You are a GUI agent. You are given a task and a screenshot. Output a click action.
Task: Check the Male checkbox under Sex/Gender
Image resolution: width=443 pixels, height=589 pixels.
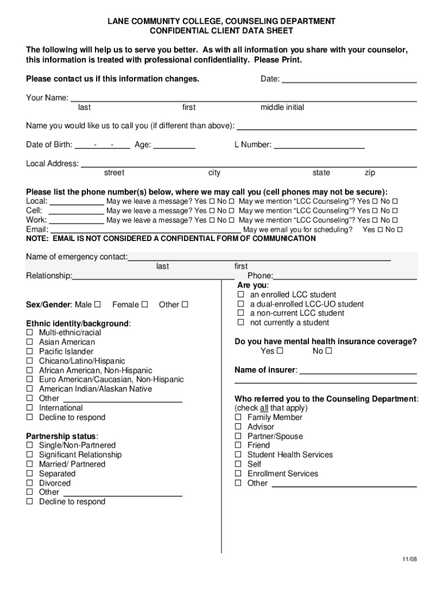tap(97, 304)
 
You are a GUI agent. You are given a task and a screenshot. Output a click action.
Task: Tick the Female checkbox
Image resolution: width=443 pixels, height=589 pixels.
tap(144, 304)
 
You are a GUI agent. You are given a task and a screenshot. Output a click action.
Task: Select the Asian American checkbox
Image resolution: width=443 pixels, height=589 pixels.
tap(29, 342)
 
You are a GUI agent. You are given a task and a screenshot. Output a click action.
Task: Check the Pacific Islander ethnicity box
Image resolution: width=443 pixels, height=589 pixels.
tap(29, 351)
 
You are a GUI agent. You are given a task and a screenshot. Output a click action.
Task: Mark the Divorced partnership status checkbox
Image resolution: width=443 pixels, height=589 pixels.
tap(29, 483)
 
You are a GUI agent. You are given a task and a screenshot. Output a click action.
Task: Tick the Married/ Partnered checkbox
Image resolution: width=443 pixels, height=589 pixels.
tap(29, 464)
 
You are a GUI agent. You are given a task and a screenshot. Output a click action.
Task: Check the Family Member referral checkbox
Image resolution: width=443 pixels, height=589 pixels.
tap(238, 418)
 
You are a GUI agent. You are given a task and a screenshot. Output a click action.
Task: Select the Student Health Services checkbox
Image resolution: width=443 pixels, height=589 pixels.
tap(238, 455)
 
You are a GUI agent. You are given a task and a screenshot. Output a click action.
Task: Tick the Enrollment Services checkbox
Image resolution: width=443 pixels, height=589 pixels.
tap(238, 474)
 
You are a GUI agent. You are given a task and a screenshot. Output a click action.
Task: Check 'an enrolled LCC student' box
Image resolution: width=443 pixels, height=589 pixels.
tap(241, 295)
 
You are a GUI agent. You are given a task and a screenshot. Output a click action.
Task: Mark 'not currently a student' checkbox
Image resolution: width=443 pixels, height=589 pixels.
tap(241, 323)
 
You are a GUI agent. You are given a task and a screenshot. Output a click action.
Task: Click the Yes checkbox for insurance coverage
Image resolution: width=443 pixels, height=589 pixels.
tap(280, 351)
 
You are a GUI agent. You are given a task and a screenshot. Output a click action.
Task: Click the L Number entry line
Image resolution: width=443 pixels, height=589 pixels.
tap(319, 146)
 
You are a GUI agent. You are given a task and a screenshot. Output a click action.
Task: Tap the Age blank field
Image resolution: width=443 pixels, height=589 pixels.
tap(174, 146)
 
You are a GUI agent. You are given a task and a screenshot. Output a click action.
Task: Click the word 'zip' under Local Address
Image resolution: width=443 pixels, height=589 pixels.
tap(371, 173)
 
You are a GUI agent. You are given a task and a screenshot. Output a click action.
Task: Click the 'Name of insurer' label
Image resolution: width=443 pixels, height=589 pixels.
tap(266, 370)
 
